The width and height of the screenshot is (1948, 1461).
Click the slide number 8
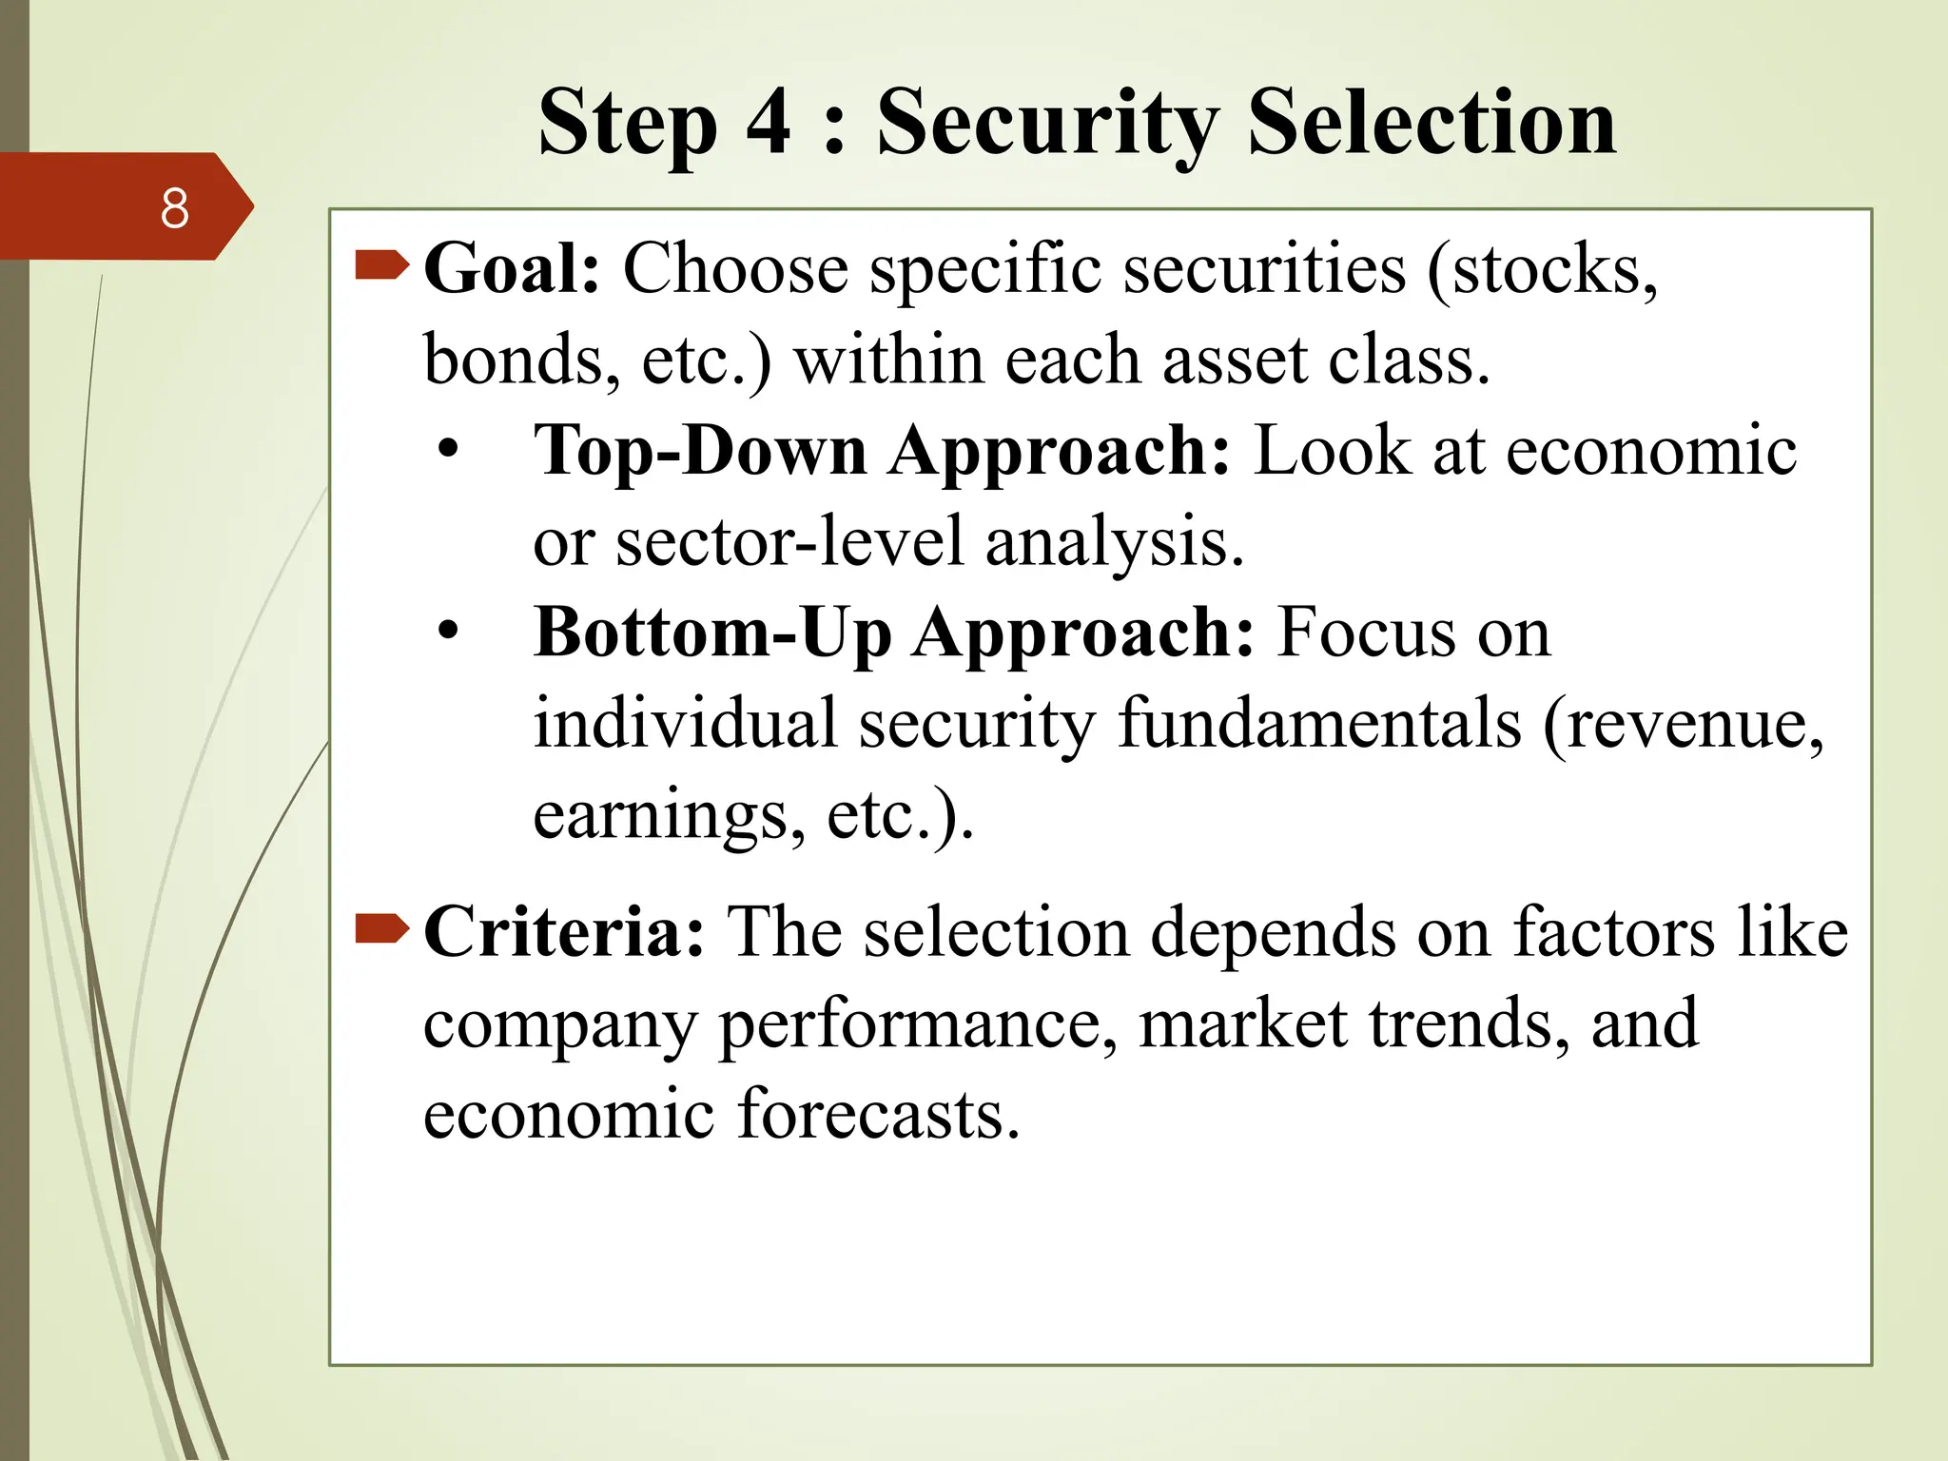[x=174, y=208]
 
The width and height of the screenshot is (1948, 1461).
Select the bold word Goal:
[x=512, y=269]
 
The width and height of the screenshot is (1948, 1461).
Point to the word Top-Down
[x=700, y=451]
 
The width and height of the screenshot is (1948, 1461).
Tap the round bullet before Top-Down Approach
[x=448, y=449]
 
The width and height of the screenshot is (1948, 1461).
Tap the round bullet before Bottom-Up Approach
[x=448, y=631]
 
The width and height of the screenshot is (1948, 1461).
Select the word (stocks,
[x=1542, y=271]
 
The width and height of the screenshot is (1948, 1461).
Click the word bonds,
[x=521, y=361]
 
